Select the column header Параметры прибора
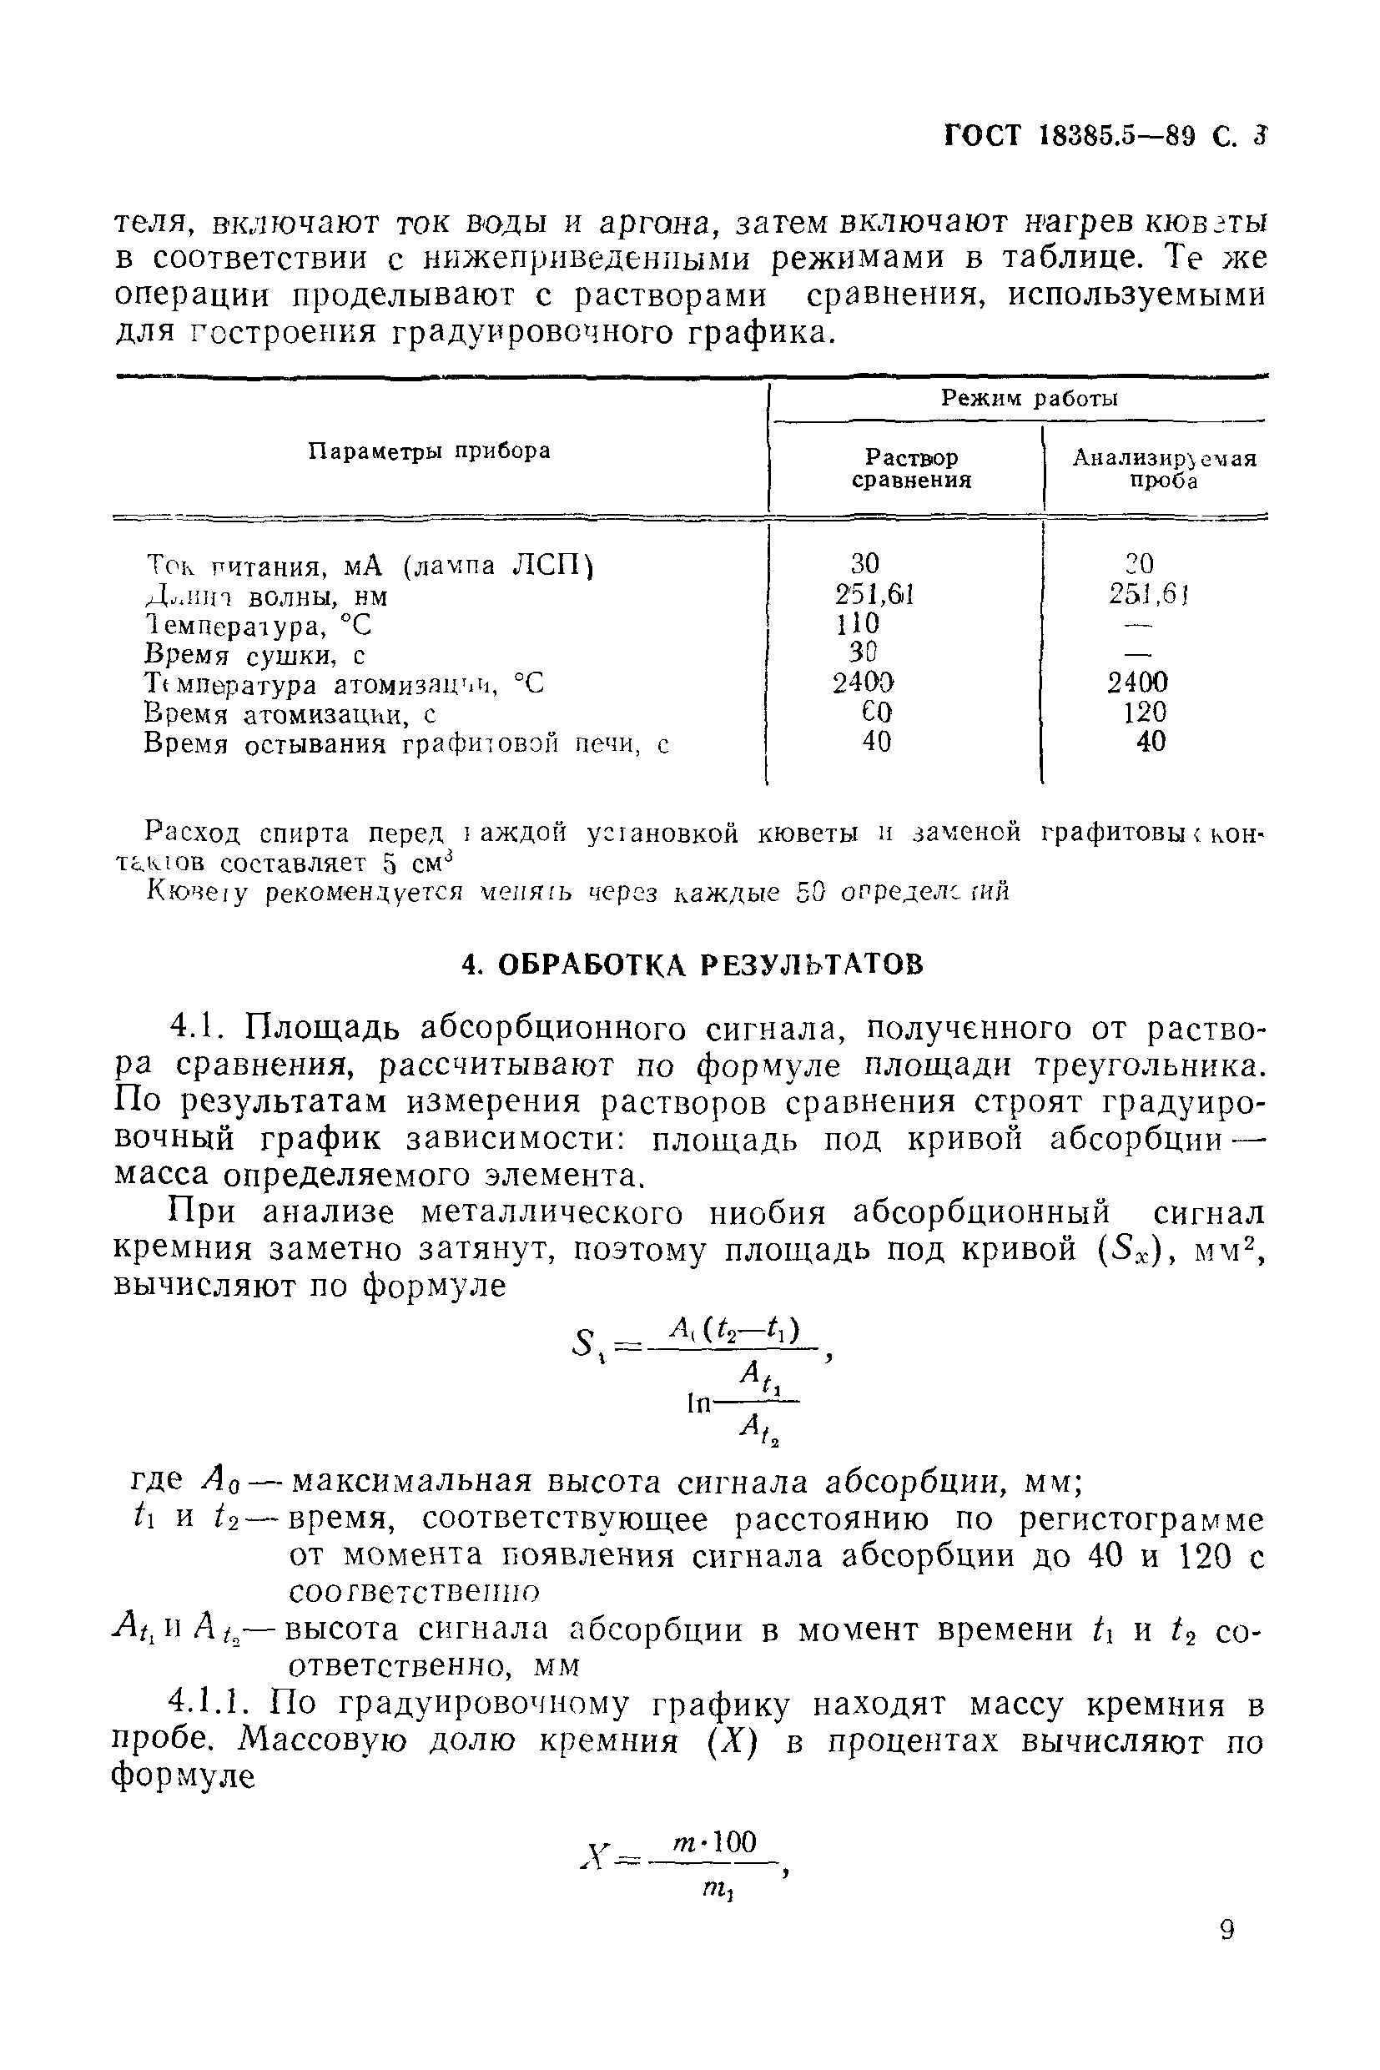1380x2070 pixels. coord(430,451)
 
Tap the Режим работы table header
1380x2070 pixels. coord(1029,399)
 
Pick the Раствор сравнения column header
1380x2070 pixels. coord(911,469)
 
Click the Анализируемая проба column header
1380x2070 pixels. coord(1164,469)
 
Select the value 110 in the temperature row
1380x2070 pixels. coord(857,623)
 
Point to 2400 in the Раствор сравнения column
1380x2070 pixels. coord(864,682)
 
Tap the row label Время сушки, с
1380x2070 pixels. coord(254,656)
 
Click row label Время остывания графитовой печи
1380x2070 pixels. coord(405,744)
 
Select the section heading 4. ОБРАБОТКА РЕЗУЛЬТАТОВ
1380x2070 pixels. coord(693,964)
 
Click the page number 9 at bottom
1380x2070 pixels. coord(1228,1930)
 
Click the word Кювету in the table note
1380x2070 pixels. coord(197,892)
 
